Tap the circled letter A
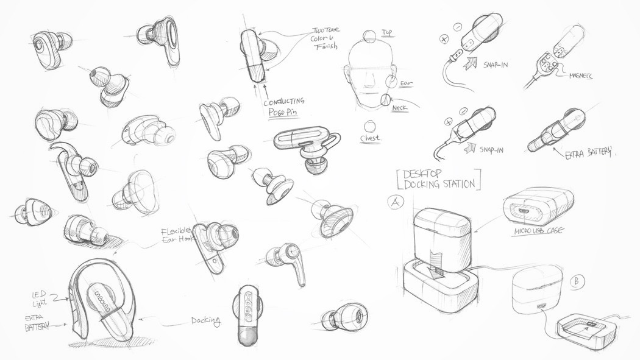pos(395,202)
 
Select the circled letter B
pos(575,281)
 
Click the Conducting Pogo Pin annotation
pos(285,107)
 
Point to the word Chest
pos(369,138)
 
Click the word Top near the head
pos(388,32)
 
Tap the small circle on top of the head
pos(368,35)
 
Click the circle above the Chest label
pos(369,125)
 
